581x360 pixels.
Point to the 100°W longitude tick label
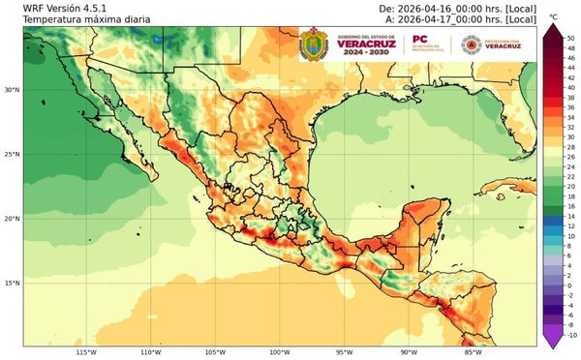coord(279,352)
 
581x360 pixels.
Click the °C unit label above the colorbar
coord(553,17)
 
